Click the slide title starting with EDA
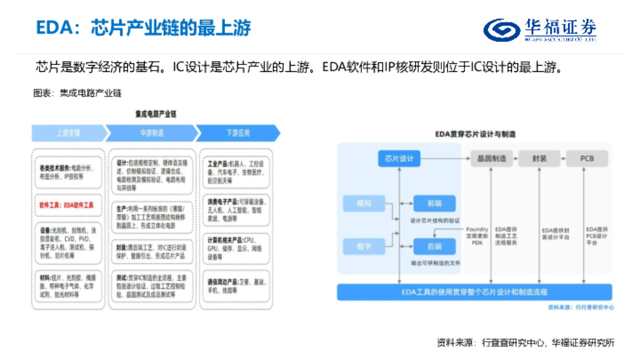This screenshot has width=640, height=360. [143, 28]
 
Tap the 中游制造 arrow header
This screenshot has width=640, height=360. [151, 133]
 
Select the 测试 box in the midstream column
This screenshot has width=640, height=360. [152, 285]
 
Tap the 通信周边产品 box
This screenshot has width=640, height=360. [234, 286]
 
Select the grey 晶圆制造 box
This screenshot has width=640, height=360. [492, 158]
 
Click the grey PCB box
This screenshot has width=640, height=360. [586, 158]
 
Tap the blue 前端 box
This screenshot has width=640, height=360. [434, 204]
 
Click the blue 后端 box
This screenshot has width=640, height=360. [434, 246]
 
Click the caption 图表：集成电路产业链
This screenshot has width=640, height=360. [77, 93]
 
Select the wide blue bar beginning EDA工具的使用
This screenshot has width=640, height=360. [474, 292]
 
